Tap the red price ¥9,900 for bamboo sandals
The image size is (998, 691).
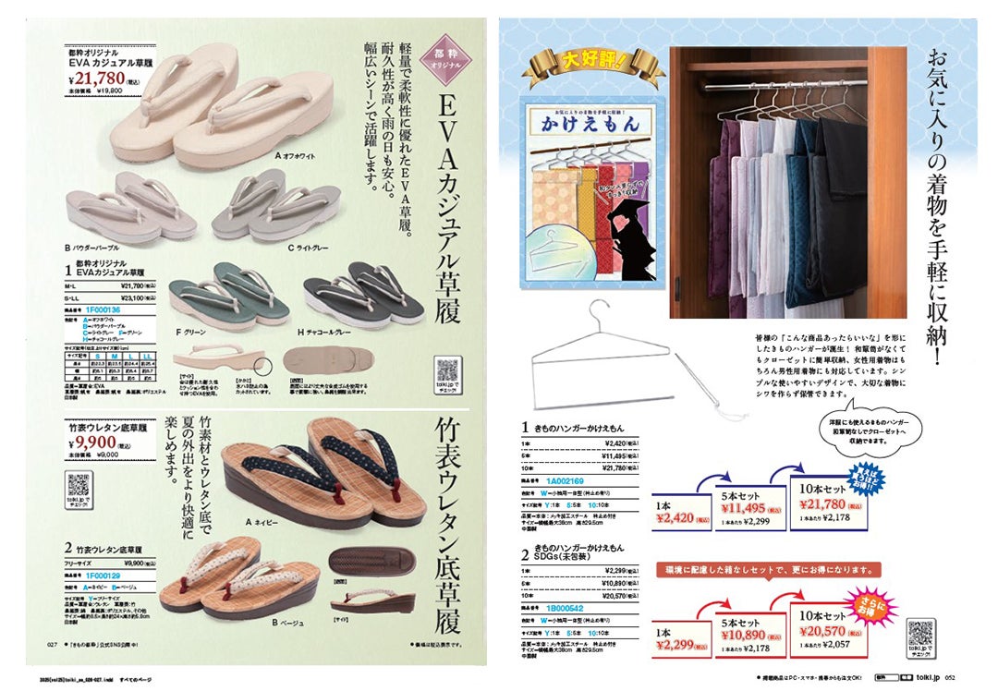coord(97,442)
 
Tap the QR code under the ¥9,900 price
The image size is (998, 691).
coord(79,488)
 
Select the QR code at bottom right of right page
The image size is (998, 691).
coord(921,637)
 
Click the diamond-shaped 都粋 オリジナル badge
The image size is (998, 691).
coord(446,65)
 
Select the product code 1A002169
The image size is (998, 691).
coord(566,480)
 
